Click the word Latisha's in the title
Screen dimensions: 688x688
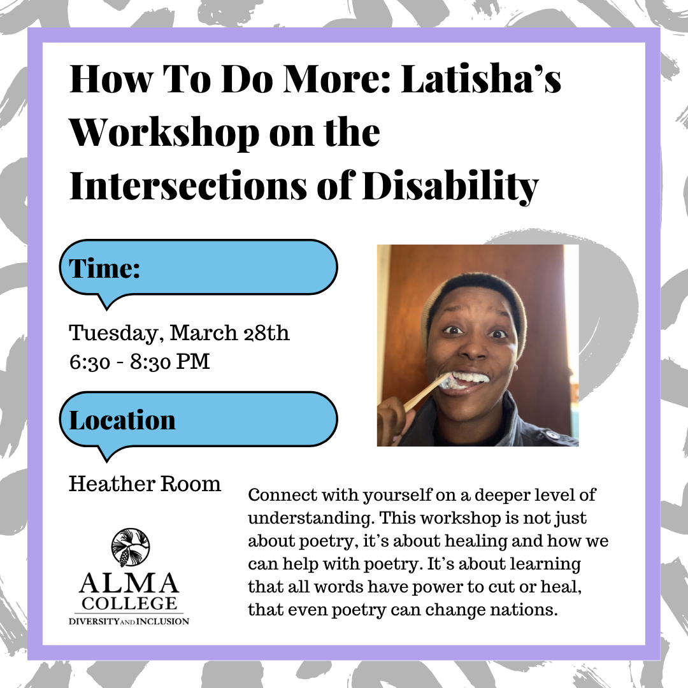[x=482, y=79]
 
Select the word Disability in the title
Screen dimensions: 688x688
[x=450, y=187]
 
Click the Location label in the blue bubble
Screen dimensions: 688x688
[x=122, y=420]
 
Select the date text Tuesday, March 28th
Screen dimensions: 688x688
[x=179, y=333]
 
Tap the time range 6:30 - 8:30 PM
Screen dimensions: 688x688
[x=140, y=362]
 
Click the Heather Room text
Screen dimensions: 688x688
[x=145, y=484]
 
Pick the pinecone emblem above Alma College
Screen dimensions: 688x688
[x=131, y=547]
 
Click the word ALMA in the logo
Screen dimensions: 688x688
[x=129, y=583]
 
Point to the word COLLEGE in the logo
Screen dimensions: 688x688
[x=129, y=603]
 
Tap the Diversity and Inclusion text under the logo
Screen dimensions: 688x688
[x=129, y=621]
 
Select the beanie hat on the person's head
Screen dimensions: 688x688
[x=474, y=303]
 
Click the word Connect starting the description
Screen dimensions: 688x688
[x=283, y=495]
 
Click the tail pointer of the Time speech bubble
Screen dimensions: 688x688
[x=106, y=302]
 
